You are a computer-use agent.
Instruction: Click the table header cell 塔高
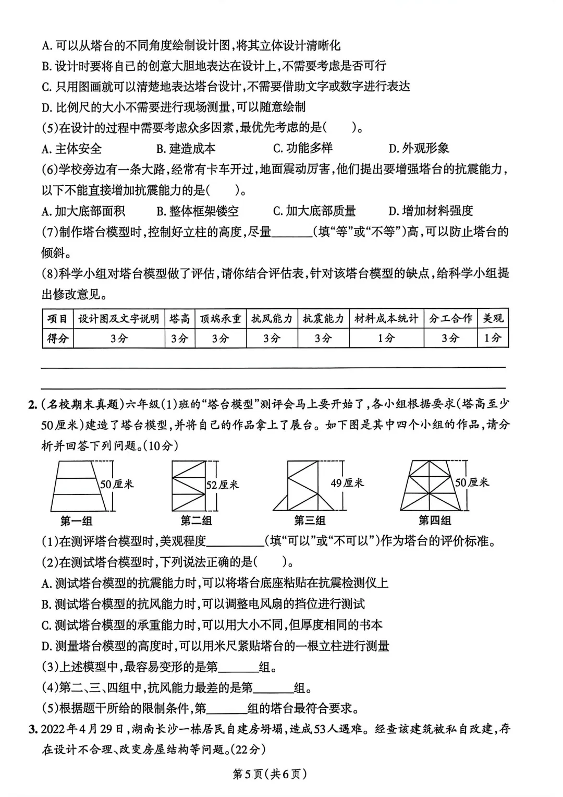click(180, 319)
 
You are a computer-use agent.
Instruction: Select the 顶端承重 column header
click(221, 319)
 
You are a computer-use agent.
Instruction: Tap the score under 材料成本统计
click(386, 339)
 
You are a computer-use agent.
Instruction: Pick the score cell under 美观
click(493, 339)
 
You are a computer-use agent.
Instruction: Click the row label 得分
click(58, 339)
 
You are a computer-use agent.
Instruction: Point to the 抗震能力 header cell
click(323, 319)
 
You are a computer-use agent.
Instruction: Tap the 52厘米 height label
click(222, 485)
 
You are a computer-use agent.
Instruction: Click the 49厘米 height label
click(347, 484)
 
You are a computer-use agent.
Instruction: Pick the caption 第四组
click(435, 521)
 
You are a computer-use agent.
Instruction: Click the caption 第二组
click(196, 521)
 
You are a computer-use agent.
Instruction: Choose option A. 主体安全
click(72, 149)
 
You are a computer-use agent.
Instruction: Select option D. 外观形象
click(419, 149)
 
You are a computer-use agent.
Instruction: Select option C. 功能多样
click(303, 149)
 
